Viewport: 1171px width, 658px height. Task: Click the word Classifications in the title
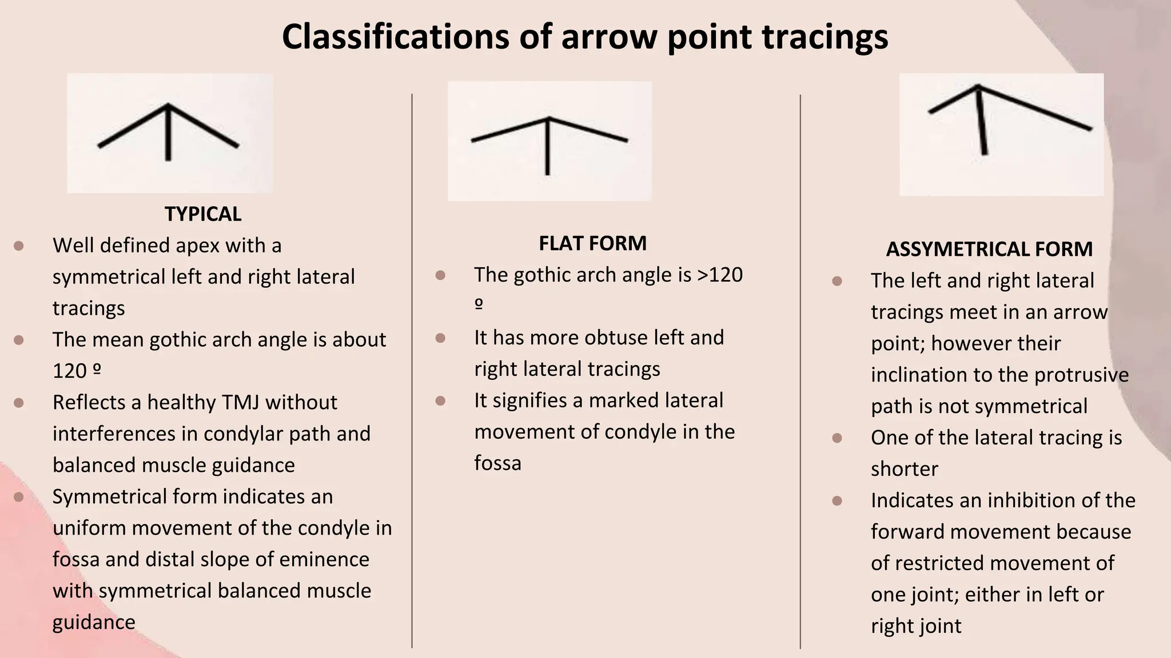[395, 37]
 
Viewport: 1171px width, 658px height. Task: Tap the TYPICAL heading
[203, 214]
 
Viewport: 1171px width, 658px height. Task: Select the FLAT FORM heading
[592, 243]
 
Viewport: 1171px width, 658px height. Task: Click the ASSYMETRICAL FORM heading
[989, 249]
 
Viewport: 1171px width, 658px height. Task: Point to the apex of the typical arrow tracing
[168, 105]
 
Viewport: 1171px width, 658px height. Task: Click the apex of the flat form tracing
[548, 118]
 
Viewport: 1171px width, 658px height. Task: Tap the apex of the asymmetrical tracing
[978, 86]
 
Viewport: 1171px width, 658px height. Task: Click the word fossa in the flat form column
[497, 463]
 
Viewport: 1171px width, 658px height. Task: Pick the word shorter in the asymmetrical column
[905, 469]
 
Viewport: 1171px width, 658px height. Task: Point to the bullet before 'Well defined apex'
[19, 246]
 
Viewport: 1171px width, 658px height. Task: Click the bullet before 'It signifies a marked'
[440, 401]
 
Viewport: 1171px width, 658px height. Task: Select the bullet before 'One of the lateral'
[837, 438]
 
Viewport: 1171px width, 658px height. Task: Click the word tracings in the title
[825, 37]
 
